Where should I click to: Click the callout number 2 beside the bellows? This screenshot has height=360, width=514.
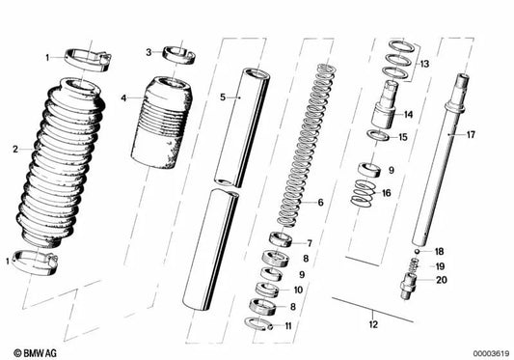pos(15,150)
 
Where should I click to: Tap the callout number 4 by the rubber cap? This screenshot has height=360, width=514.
pos(123,97)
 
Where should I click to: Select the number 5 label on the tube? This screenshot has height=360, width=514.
pos(223,97)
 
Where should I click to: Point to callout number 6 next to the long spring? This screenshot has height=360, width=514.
pos(320,202)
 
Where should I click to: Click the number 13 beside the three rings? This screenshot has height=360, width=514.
pos(424,64)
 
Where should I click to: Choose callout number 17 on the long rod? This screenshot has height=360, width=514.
pos(471,134)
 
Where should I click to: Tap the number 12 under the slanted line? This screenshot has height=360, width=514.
pos(373,324)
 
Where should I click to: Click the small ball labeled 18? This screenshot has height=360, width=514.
pos(417,251)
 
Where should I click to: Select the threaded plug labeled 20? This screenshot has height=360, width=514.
pos(409,286)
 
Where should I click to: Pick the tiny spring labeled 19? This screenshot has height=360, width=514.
pos(414,263)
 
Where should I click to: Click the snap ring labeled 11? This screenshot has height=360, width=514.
pos(258,324)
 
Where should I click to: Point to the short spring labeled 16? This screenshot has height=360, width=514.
pos(363,194)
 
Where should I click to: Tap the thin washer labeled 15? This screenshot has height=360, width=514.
pos(378,135)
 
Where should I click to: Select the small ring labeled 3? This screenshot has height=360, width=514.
pos(179,54)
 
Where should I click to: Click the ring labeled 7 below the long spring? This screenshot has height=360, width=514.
pos(281,239)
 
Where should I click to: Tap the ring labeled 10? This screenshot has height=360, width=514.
pos(267,290)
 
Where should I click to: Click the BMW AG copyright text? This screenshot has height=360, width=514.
pos(35,353)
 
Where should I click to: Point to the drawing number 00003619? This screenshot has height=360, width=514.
pos(491,354)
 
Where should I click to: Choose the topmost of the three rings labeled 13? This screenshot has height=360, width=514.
pos(401,45)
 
